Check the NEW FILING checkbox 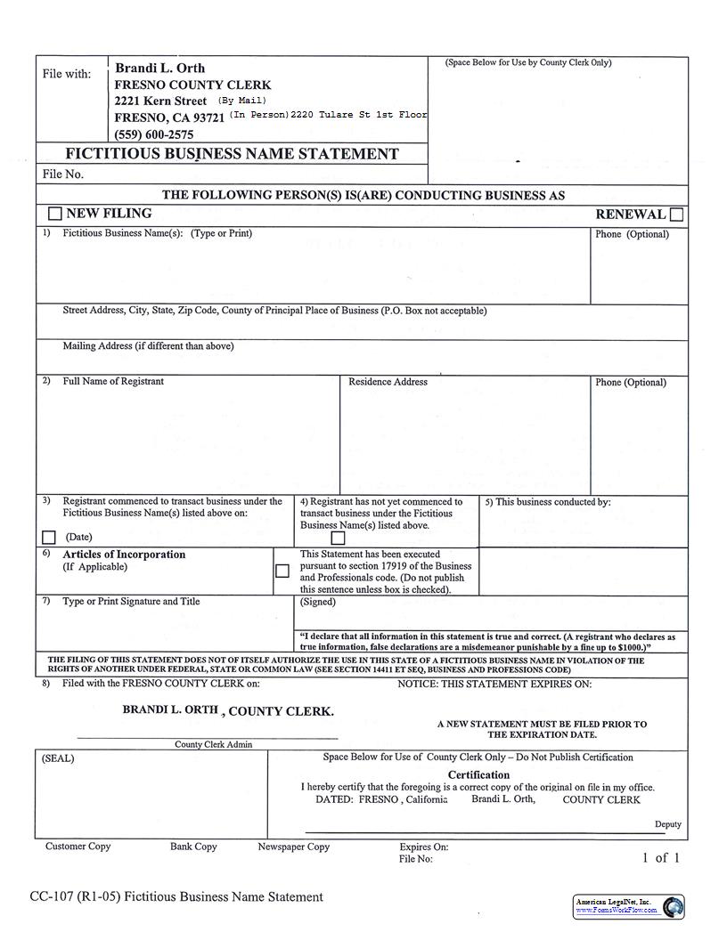55,214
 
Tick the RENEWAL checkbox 676,215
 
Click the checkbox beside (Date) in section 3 49,537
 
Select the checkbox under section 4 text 338,538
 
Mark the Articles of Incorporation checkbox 282,571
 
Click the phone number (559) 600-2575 154,134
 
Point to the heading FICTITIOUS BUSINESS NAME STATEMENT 232,154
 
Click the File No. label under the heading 63,174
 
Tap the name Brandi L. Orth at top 160,69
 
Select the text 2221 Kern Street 160,101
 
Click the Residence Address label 388,382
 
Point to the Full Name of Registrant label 113,382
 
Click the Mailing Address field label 148,346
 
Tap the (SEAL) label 59,758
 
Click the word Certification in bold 478,775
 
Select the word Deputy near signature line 667,824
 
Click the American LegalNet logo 629,906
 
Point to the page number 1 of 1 660,858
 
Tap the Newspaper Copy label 293,847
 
